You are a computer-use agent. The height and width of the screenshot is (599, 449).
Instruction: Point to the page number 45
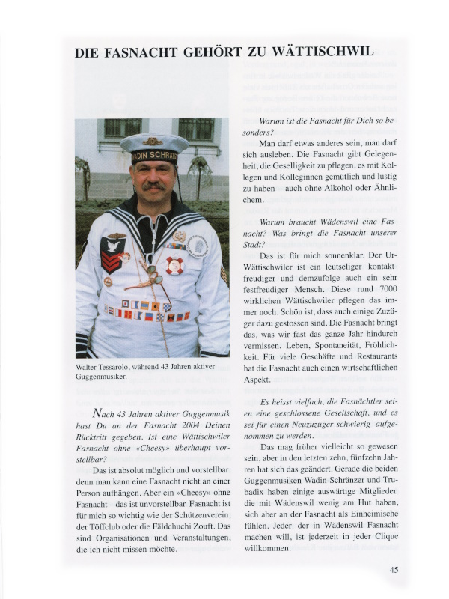394,570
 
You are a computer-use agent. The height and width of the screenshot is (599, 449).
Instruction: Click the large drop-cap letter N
97,413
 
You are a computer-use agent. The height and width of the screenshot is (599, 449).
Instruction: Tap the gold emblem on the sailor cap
153,142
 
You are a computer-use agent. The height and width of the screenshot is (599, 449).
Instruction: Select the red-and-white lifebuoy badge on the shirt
174,264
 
